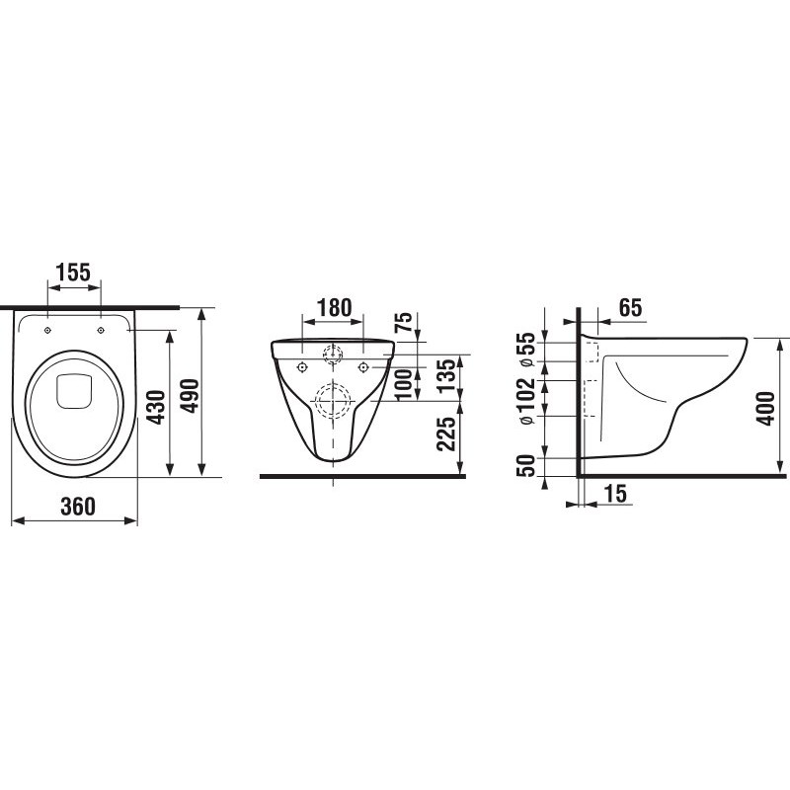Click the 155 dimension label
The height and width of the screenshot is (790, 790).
point(73,273)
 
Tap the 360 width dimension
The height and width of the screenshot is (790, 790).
point(78,507)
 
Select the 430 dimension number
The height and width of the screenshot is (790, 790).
point(158,407)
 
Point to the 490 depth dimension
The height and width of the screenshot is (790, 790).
point(190,396)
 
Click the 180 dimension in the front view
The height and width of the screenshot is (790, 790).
point(334,307)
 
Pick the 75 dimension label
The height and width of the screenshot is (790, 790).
point(403,323)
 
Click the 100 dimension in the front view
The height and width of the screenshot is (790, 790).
point(403,385)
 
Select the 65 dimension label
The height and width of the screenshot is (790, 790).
point(630,307)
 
